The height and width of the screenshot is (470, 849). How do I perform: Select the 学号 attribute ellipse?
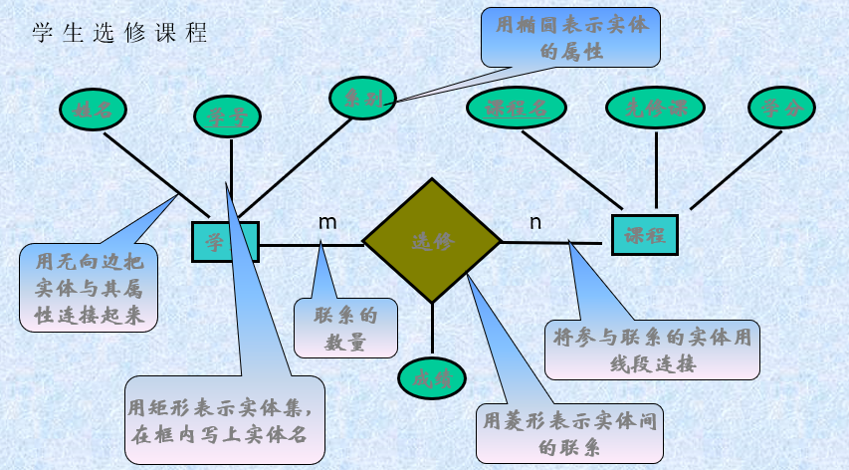[227, 117]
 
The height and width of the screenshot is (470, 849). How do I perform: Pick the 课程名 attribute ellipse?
[517, 109]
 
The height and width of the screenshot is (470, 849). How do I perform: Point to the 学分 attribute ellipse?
[781, 109]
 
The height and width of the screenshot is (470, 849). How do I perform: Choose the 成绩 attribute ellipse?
[432, 377]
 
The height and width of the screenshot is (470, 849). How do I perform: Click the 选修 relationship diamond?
[432, 241]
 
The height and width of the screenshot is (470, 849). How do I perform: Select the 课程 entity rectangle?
[644, 236]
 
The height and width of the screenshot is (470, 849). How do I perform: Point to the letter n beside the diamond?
[535, 222]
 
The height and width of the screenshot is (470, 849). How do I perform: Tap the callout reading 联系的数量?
[345, 329]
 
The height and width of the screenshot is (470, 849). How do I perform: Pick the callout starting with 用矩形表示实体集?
[226, 420]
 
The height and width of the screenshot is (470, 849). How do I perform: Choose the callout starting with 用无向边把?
[89, 289]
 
